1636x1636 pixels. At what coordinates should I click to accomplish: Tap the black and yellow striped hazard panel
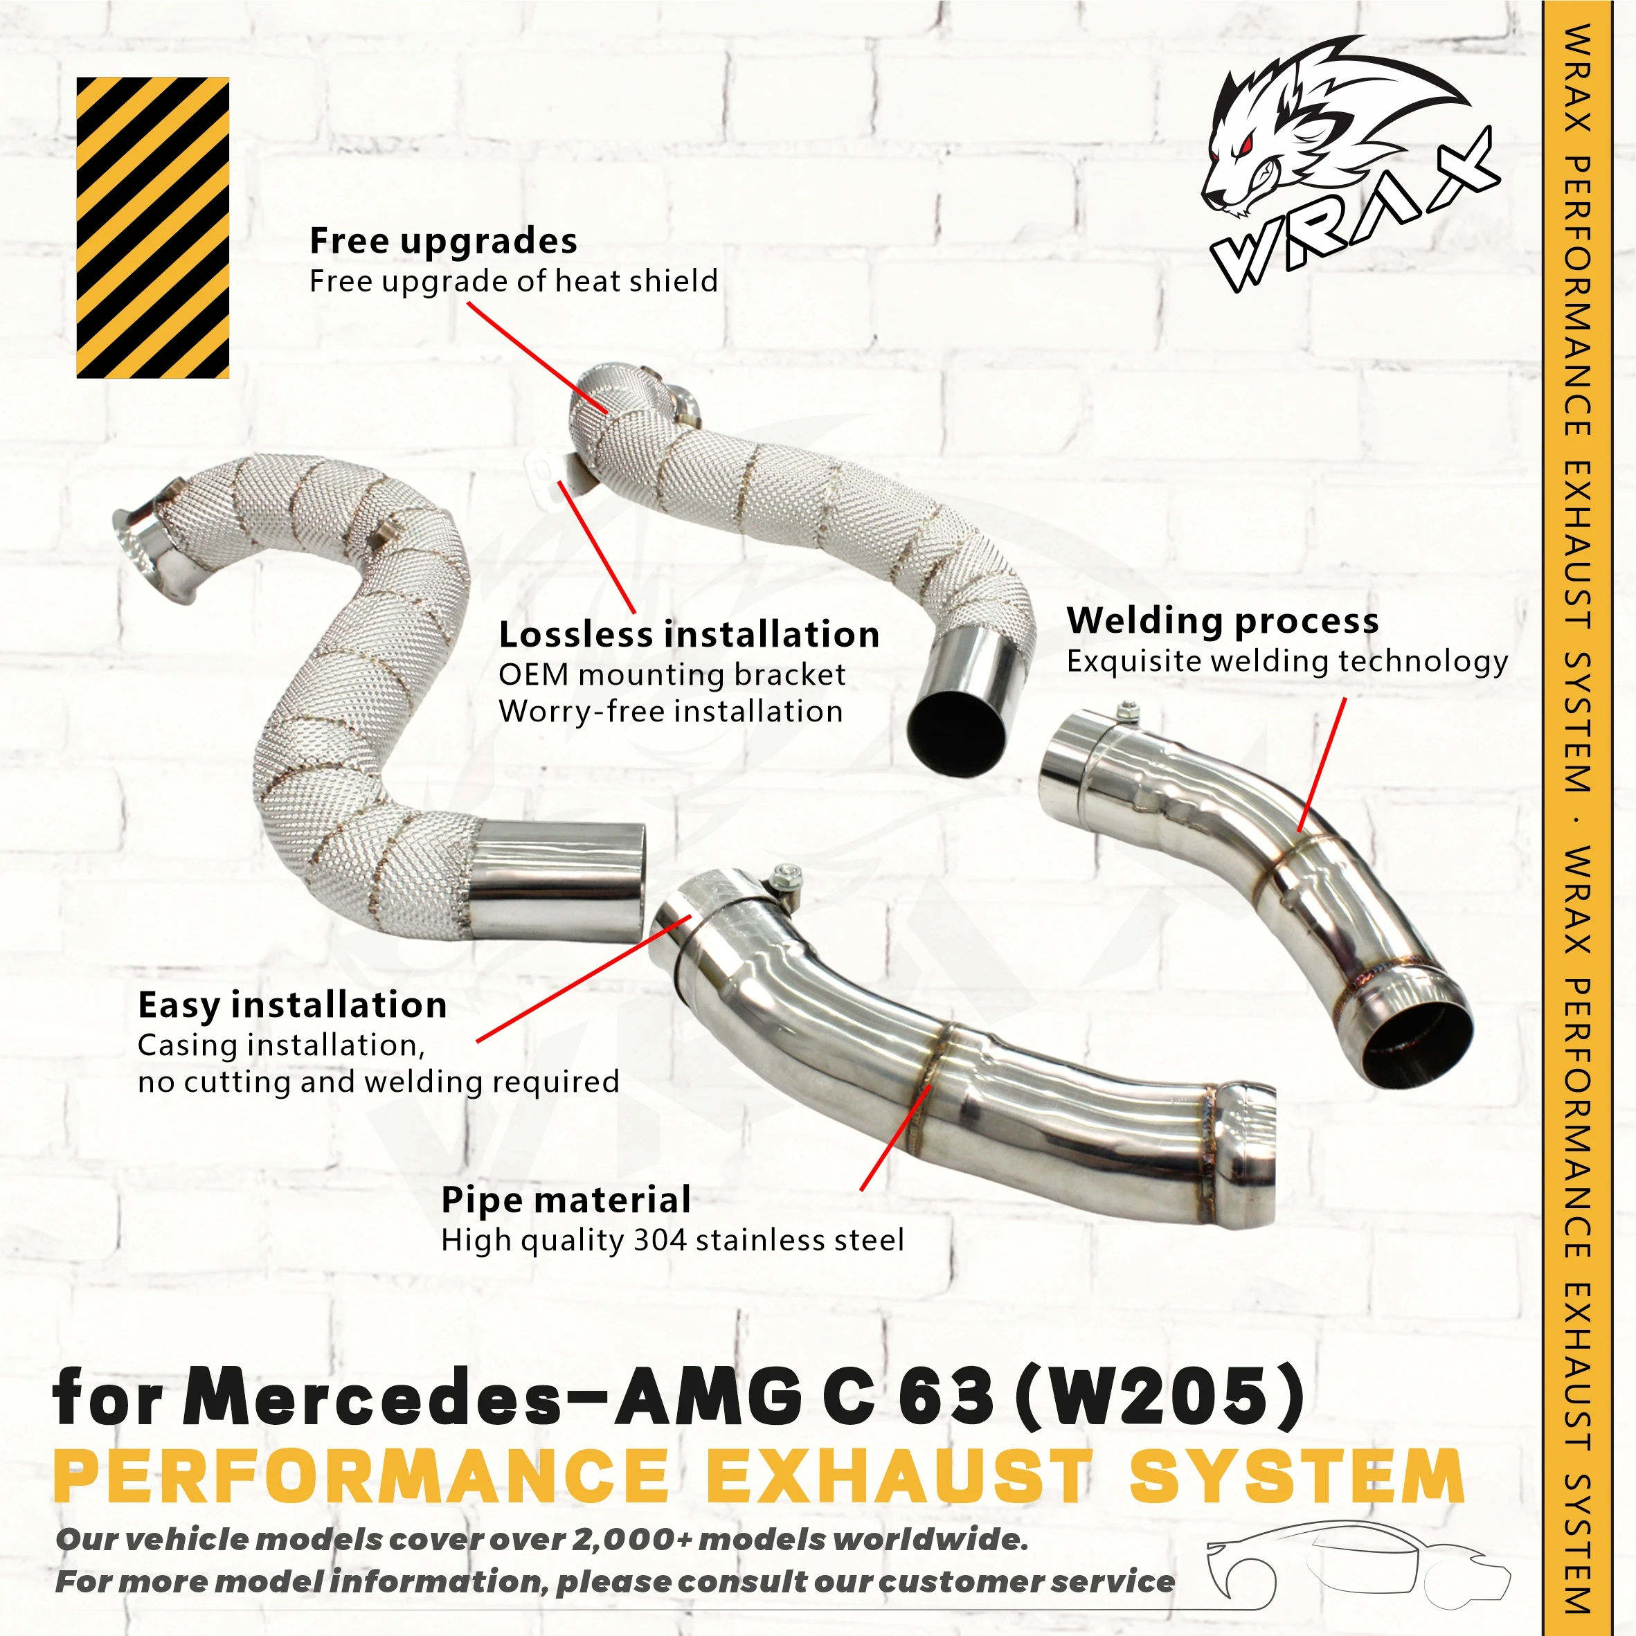(152, 227)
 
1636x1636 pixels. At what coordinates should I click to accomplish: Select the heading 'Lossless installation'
(688, 634)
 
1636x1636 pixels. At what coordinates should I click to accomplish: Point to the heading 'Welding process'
(1222, 621)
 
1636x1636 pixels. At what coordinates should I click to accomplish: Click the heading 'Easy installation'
(292, 1005)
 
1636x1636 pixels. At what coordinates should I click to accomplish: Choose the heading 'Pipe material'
(566, 1200)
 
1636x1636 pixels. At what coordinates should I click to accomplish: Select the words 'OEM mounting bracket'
(672, 675)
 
